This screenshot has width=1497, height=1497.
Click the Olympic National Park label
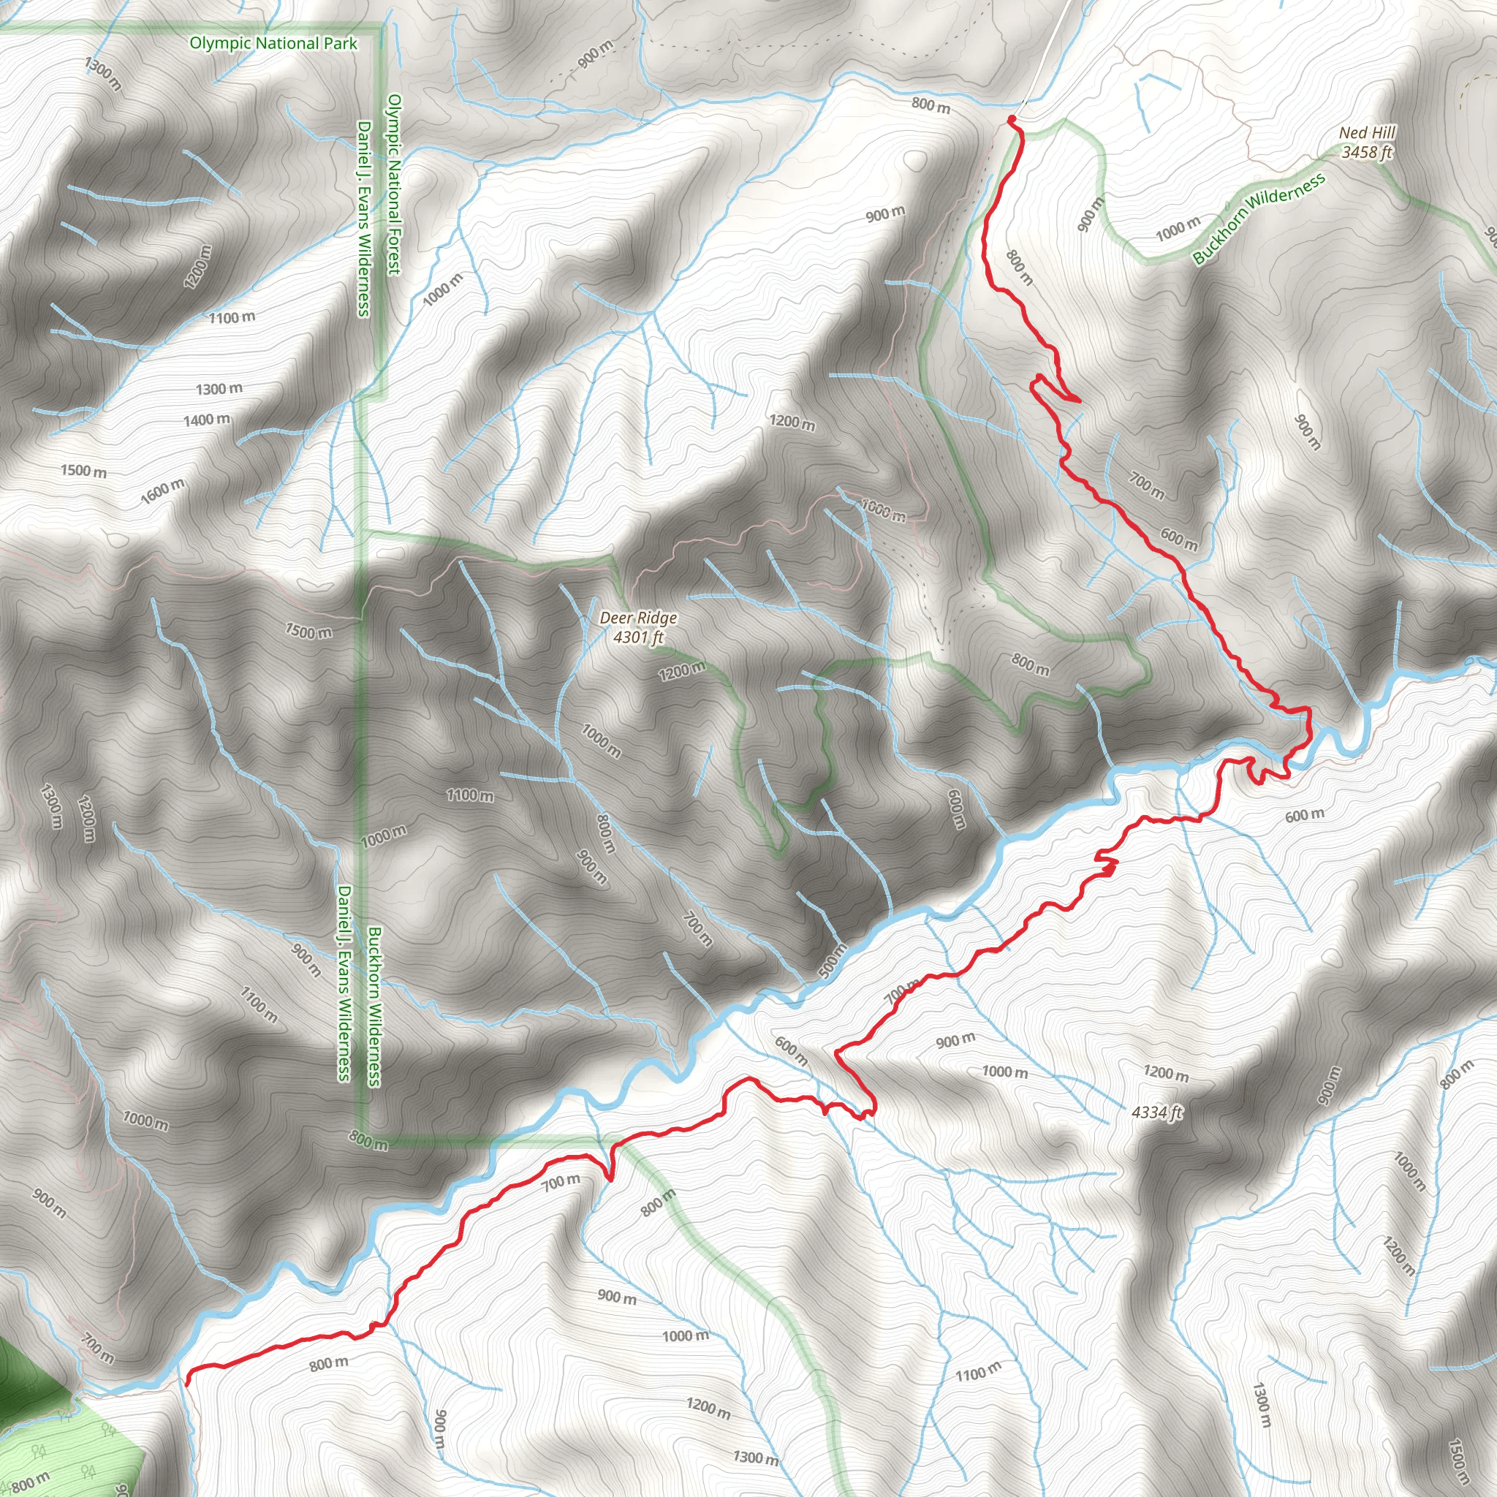click(x=273, y=43)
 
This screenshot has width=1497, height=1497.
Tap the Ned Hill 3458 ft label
click(x=1367, y=143)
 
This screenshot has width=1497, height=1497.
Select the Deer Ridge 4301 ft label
click(x=637, y=628)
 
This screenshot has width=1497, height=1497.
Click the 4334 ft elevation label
click(x=1157, y=1113)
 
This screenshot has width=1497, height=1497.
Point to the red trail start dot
click(x=1011, y=118)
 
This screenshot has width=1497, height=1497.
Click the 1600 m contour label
click(x=163, y=491)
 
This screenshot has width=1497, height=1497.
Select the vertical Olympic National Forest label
click(x=394, y=184)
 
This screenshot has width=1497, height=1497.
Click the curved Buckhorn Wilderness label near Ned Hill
click(x=1259, y=219)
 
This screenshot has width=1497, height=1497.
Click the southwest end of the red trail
click(x=186, y=1380)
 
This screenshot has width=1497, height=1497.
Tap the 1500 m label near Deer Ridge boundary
click(x=308, y=632)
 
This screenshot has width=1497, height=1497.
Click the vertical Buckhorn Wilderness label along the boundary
click(x=374, y=1007)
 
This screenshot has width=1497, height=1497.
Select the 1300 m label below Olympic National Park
click(x=103, y=74)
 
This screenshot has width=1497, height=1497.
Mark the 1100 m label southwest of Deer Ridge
click(x=469, y=795)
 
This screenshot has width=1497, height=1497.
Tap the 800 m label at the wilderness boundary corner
click(x=368, y=1140)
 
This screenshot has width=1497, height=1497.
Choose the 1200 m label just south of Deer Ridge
click(x=682, y=670)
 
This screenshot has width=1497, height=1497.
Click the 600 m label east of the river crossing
click(x=1305, y=815)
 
